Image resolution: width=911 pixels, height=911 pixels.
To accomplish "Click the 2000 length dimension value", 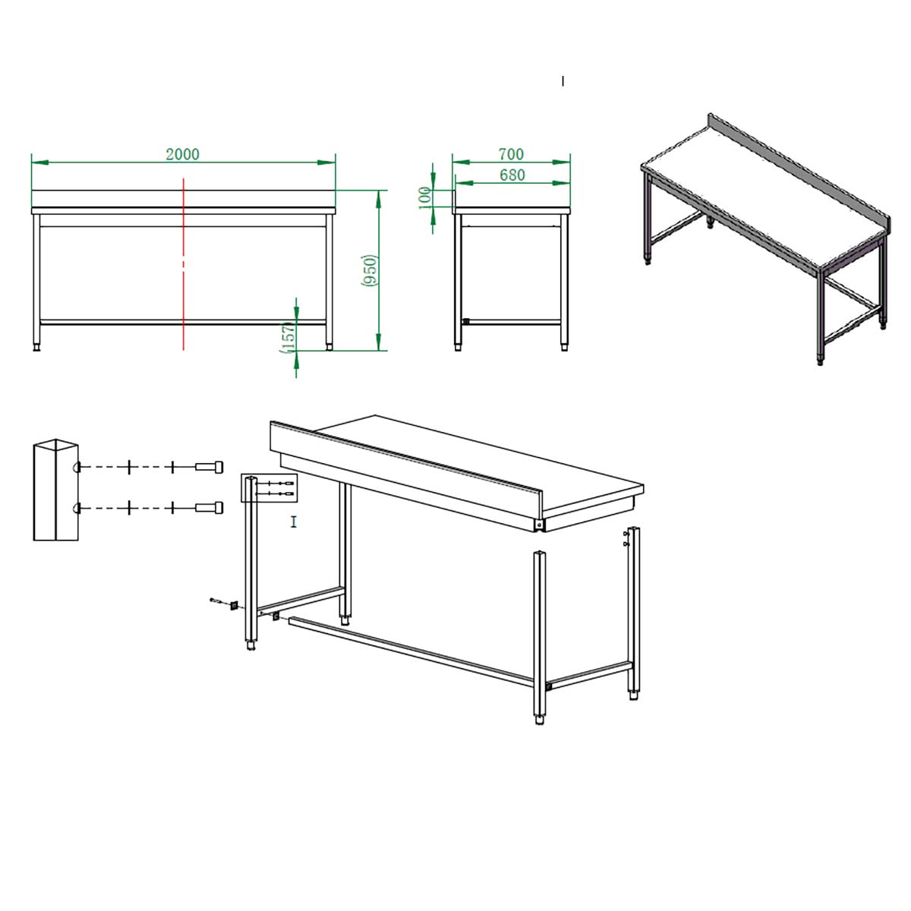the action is [x=182, y=154].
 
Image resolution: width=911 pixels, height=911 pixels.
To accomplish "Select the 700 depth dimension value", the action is [x=511, y=154].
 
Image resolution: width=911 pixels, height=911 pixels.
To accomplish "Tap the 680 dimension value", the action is [x=512, y=175].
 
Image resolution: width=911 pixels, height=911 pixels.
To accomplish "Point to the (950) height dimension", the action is [x=370, y=270].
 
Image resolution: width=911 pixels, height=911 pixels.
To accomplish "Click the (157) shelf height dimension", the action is [x=288, y=338].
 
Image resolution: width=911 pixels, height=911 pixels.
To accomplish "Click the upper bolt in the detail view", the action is [x=209, y=467].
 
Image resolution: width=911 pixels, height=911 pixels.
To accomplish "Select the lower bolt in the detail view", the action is [x=209, y=508].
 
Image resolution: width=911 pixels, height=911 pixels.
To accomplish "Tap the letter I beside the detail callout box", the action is [x=294, y=522].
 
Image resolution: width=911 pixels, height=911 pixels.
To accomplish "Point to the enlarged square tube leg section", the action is [x=55, y=490].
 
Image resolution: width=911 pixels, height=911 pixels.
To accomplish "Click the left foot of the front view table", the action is [x=36, y=348].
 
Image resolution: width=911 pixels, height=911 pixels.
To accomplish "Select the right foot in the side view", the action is [x=565, y=348].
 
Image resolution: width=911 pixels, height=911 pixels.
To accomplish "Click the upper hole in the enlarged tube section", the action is [x=77, y=467].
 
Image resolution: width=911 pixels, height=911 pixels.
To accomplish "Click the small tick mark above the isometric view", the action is [x=563, y=81].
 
